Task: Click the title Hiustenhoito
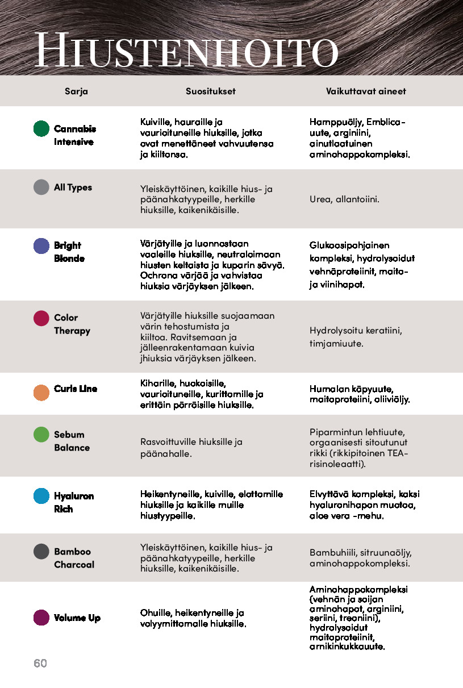pyautogui.click(x=186, y=51)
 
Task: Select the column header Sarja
pyautogui.click(x=76, y=91)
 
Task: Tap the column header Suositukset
pyautogui.click(x=210, y=91)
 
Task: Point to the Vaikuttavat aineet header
pyautogui.click(x=366, y=91)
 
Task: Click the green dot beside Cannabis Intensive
pyautogui.click(x=41, y=128)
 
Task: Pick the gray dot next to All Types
pyautogui.click(x=41, y=187)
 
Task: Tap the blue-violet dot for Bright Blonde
pyautogui.click(x=41, y=246)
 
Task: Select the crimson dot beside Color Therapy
pyautogui.click(x=41, y=318)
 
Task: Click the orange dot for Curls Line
pyautogui.click(x=41, y=393)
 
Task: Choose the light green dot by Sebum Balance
pyautogui.click(x=41, y=435)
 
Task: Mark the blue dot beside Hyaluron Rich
pyautogui.click(x=41, y=496)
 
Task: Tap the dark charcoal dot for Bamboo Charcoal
pyautogui.click(x=41, y=552)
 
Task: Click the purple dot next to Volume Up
pyautogui.click(x=41, y=618)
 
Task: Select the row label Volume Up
pyautogui.click(x=77, y=618)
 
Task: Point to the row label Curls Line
pyautogui.click(x=76, y=389)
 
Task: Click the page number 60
pyautogui.click(x=40, y=663)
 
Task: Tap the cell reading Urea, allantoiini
pyautogui.click(x=344, y=199)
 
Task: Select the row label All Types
pyautogui.click(x=73, y=187)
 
